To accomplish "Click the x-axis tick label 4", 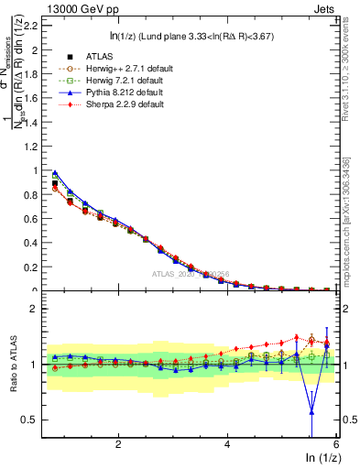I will tap(227, 443).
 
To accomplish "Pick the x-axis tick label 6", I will tap(336, 443).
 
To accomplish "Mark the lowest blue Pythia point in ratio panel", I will tap(312, 412).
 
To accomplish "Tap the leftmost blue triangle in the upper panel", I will tap(55, 172).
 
